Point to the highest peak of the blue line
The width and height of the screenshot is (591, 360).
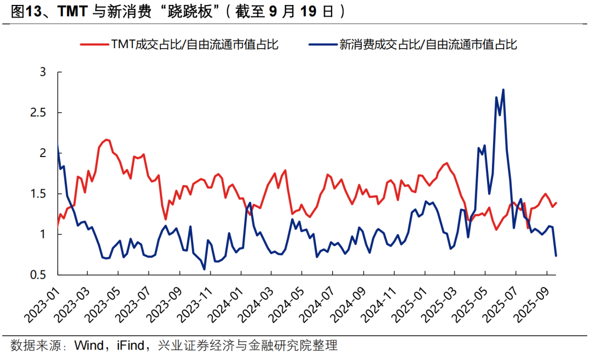click(503, 90)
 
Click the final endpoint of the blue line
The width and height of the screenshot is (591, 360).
click(556, 256)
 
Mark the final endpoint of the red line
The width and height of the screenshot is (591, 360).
click(556, 203)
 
